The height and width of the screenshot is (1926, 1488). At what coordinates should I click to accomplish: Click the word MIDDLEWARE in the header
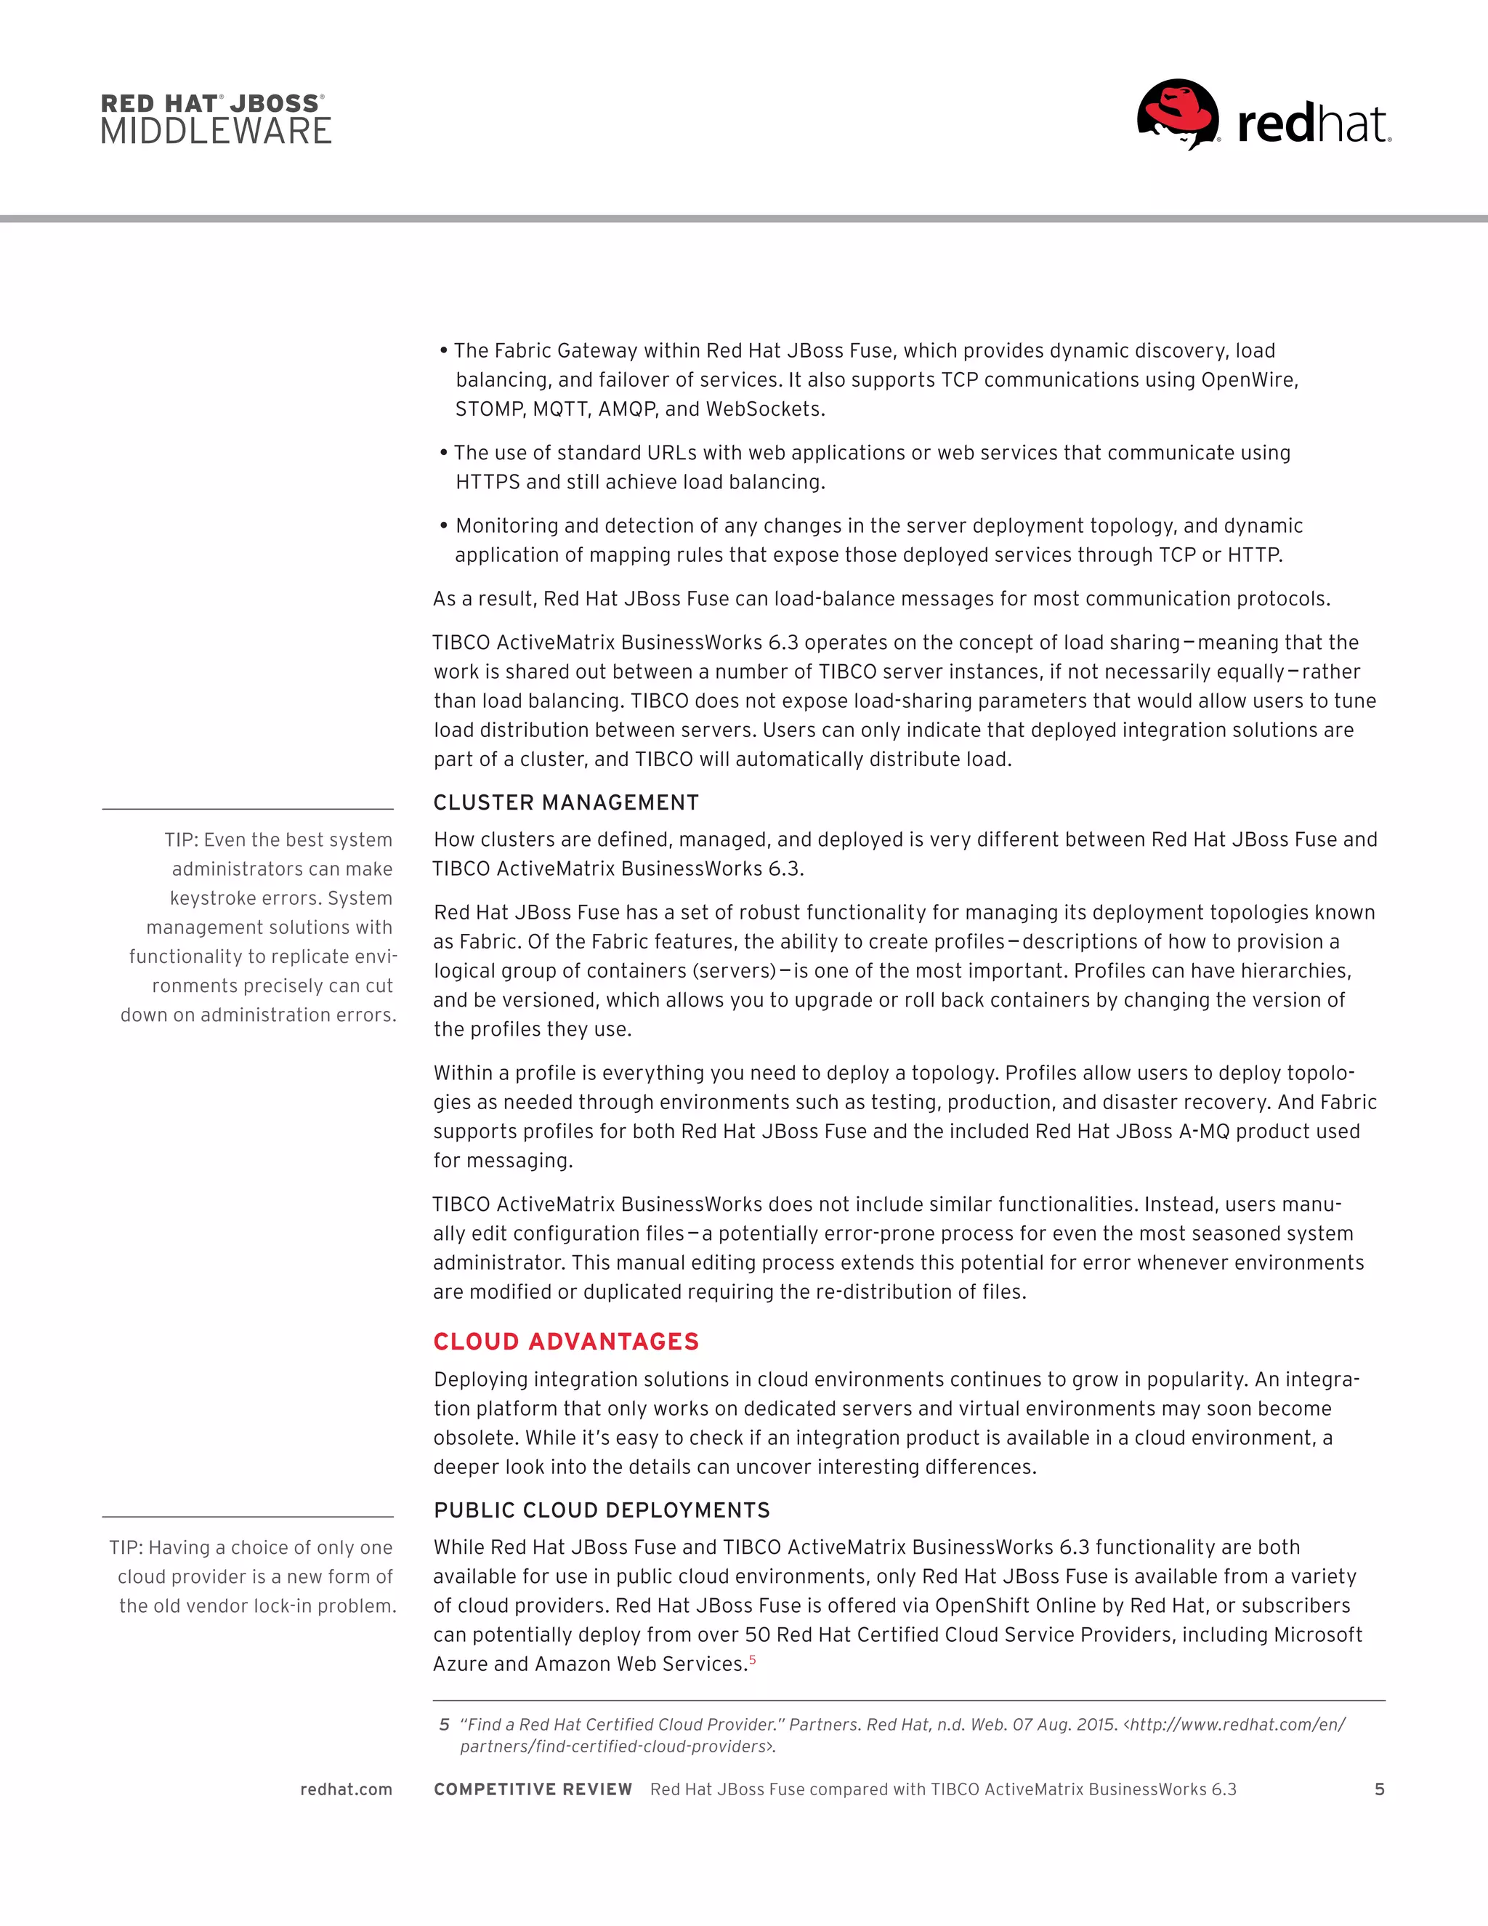216,132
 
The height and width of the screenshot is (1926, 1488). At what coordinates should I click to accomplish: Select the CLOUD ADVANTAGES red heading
566,1342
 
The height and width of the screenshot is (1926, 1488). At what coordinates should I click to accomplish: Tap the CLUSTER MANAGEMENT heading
566,802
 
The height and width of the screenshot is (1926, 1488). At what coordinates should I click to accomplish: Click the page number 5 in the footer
1380,1789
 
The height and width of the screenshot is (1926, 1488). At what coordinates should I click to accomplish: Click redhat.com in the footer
346,1789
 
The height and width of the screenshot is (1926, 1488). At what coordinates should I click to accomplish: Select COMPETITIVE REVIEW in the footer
533,1789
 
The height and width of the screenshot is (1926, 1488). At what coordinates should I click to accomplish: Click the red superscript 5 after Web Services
752,1660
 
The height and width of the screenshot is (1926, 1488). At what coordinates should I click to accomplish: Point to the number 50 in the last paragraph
757,1635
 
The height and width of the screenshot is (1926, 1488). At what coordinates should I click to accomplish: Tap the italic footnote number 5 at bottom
444,1725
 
